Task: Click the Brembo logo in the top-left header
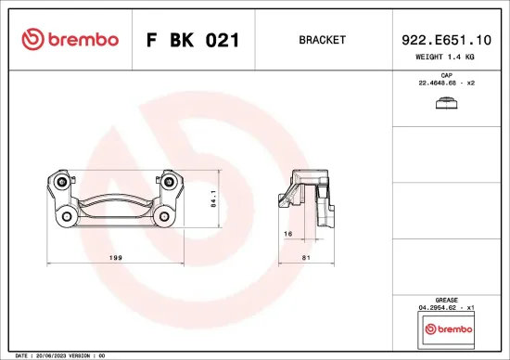70,40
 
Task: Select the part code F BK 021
192,40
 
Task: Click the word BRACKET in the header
322,40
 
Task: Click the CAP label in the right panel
446,74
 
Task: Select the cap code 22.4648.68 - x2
446,84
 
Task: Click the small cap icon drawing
446,104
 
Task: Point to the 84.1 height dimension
214,198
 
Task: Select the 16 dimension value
288,233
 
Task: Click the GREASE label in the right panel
446,301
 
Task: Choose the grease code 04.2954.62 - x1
446,309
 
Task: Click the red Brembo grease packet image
446,329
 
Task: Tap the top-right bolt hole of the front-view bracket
170,184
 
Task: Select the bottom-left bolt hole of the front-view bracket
68,217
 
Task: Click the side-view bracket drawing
309,197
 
